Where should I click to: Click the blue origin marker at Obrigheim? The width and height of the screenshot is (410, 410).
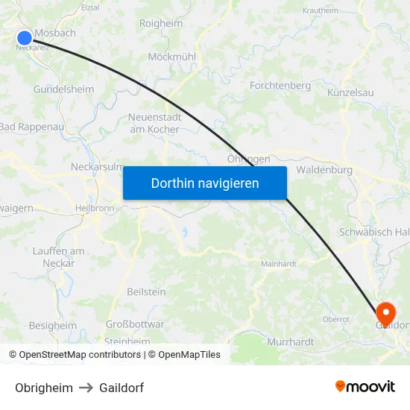coord(25,37)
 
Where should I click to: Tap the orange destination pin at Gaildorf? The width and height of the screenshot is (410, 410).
coord(386,312)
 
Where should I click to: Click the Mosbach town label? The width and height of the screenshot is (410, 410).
coord(55,34)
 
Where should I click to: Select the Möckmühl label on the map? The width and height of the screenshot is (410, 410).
coord(171,57)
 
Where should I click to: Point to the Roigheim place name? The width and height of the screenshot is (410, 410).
coord(161,24)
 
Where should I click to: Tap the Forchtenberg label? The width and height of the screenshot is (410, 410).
coord(280,86)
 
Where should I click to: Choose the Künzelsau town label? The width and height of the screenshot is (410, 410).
coord(350,92)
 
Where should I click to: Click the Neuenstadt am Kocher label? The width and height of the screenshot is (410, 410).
coord(154,123)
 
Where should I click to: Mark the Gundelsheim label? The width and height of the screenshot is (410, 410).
coord(63,89)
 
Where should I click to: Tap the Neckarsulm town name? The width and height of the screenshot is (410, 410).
coord(97,167)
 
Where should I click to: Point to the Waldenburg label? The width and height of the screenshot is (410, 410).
coord(324,170)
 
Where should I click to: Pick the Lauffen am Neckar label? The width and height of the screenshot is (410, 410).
coord(59,257)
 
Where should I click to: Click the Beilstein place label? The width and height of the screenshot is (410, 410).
coord(147,291)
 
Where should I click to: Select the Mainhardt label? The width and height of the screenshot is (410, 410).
coord(279,264)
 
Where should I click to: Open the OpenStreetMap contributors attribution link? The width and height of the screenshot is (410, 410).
coord(80,355)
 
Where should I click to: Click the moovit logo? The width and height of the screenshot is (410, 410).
coord(365,387)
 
